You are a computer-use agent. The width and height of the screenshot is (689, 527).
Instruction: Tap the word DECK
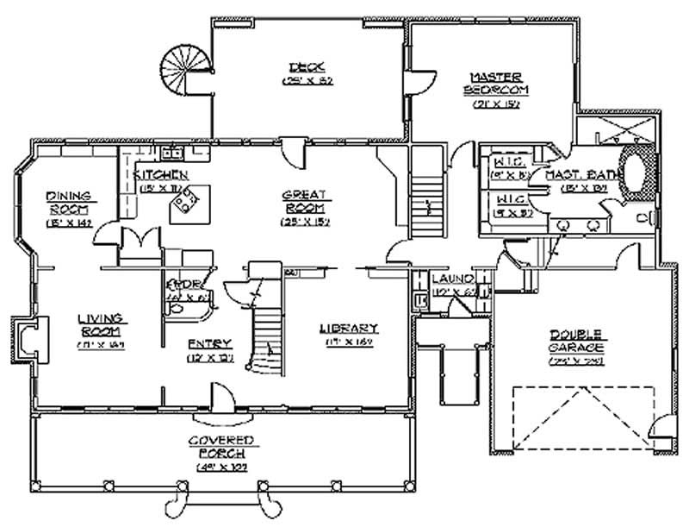pyautogui.click(x=306, y=67)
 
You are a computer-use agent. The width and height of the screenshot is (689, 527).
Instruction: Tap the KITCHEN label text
pyautogui.click(x=162, y=176)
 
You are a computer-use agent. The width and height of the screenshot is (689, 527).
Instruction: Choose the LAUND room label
pyautogui.click(x=449, y=280)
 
